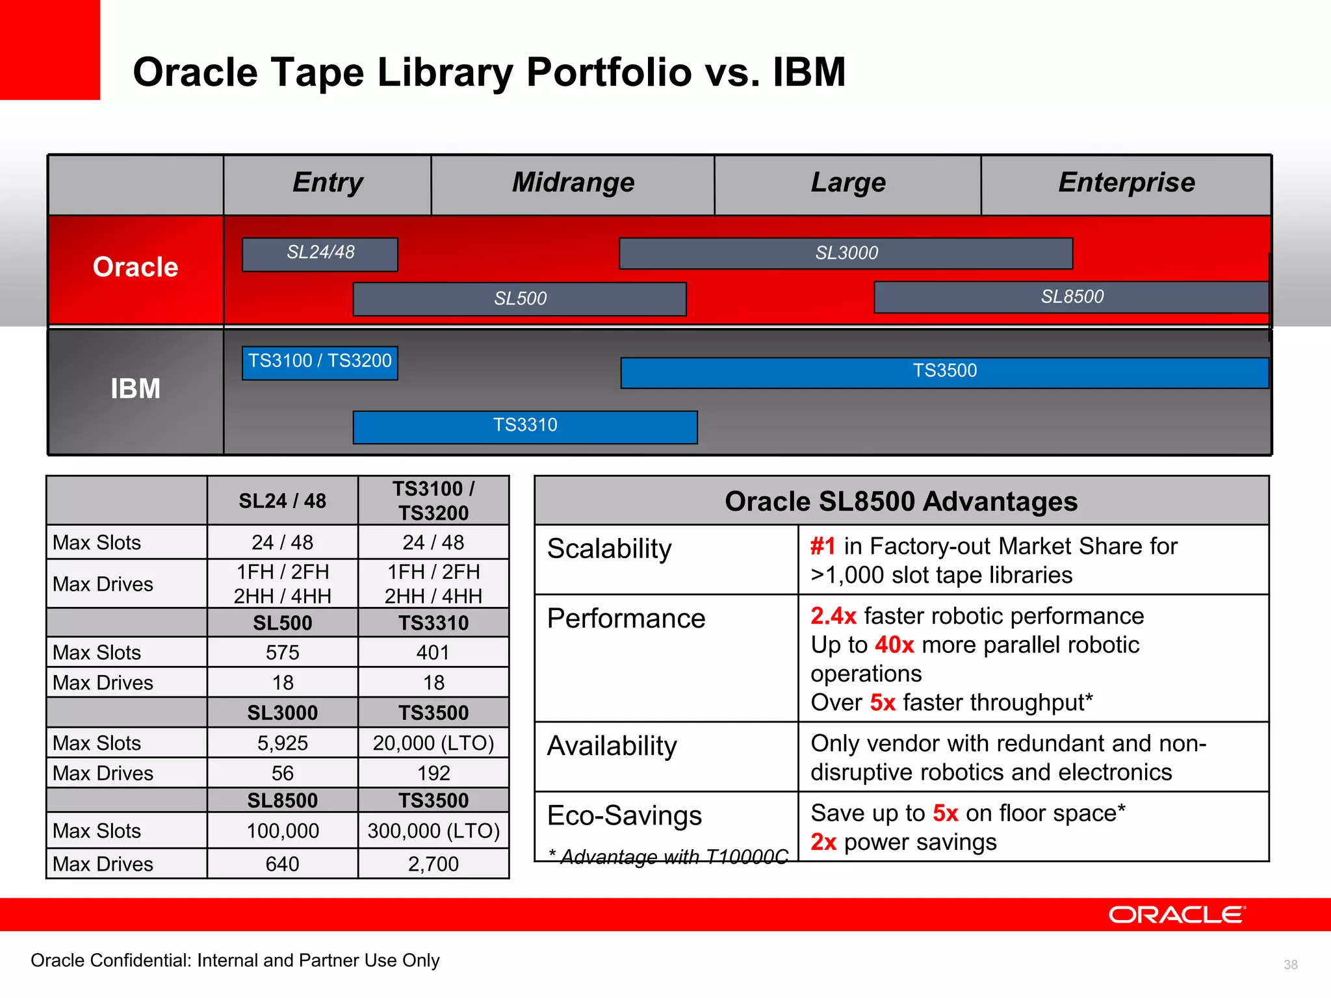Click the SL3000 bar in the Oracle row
coord(846,253)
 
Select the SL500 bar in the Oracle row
coord(519,299)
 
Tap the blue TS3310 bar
coord(524,426)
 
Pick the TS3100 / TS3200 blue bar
coord(320,361)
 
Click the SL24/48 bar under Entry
coord(320,253)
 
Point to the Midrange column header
coord(573,183)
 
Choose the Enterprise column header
coord(1126,183)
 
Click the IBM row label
coord(135,389)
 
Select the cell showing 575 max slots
coord(282,652)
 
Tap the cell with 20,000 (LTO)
coord(433,743)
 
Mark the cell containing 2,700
coord(433,864)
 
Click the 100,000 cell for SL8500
coord(282,831)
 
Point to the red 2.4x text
coord(833,616)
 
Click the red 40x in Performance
coord(894,645)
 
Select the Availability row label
coord(612,746)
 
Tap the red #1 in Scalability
coord(822,546)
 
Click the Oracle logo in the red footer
coord(1176,915)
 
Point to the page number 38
coord(1290,965)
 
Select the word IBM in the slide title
coord(808,71)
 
